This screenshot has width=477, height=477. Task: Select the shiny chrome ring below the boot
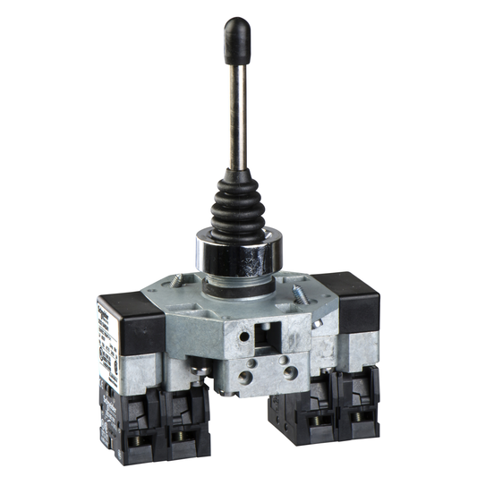point(239,254)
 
